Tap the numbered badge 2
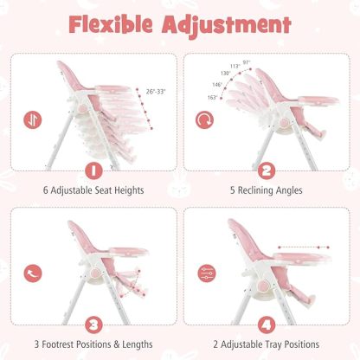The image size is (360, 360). coord(267,170)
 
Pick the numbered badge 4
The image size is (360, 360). coord(266,325)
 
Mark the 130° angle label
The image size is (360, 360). coord(225,74)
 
